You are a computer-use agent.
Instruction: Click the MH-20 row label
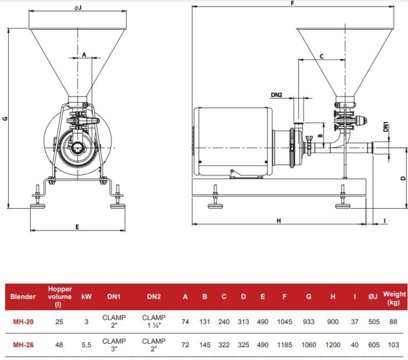coord(23,320)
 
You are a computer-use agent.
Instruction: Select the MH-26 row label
coord(23,344)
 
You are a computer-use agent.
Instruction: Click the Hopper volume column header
coord(60,296)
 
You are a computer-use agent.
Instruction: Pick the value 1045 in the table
coord(284,320)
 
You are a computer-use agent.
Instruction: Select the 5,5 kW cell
coord(86,344)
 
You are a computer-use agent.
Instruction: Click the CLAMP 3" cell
coord(115,344)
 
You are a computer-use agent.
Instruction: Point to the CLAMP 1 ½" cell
coord(154,320)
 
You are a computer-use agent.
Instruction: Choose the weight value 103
coord(395,344)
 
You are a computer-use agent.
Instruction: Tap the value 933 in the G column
coord(309,320)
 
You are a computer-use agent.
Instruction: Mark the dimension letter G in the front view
coord(5,118)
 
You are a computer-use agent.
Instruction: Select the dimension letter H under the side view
coord(279,221)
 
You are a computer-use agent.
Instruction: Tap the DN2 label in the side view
coord(277,95)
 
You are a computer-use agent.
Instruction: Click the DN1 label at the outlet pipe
coord(386,127)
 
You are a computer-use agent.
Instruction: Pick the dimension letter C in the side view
coord(322,56)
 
